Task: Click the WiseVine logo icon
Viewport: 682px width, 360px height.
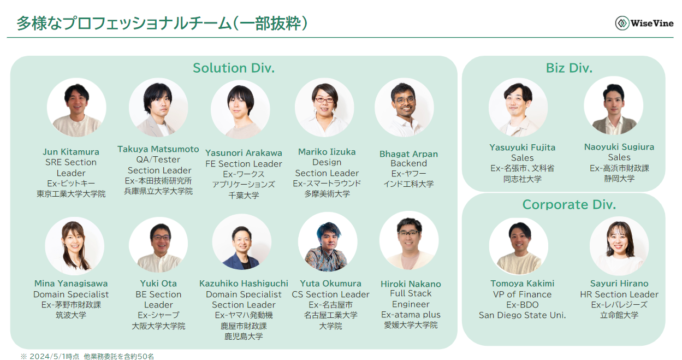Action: pos(622,23)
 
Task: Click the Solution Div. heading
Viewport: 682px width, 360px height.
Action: pos(233,68)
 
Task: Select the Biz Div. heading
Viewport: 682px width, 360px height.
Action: pos(569,68)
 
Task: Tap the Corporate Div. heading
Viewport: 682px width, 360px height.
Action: pos(569,205)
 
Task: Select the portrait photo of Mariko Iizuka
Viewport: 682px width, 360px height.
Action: pos(324,108)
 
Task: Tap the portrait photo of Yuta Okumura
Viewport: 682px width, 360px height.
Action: pos(328,242)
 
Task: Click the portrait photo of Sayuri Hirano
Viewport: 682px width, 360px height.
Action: pos(619,246)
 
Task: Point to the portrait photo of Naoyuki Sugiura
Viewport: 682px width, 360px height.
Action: pos(613,105)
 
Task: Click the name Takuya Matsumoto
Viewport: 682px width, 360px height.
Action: pos(158,149)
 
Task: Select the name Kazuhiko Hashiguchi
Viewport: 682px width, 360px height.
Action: pos(244,284)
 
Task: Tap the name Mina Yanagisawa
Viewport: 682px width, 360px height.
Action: pos(71,284)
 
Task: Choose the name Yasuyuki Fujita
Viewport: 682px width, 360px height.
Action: pos(523,147)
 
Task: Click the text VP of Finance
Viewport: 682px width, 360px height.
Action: pos(522,294)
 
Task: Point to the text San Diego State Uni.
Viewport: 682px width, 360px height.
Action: pos(522,315)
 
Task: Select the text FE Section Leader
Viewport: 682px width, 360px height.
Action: pos(244,164)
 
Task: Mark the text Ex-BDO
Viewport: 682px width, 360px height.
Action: pos(522,305)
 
